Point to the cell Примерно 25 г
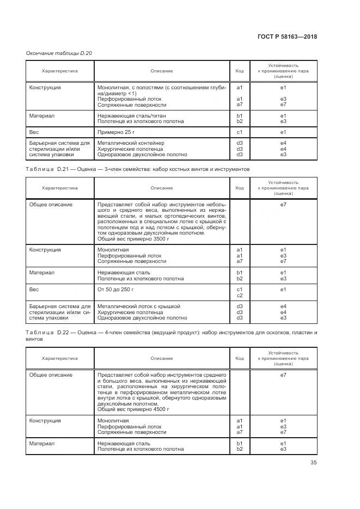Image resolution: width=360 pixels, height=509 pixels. (x=115, y=132)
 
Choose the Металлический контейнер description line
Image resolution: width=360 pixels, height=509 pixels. (x=130, y=143)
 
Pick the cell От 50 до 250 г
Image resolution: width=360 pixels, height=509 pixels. (x=116, y=290)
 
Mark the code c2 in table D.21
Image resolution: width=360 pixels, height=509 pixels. (x=240, y=296)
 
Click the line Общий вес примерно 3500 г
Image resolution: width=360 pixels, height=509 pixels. (x=133, y=239)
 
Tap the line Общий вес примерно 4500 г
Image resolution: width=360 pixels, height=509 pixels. (x=133, y=408)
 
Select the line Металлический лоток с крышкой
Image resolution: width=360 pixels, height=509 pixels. (x=138, y=306)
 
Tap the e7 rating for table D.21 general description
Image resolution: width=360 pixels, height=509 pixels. (x=283, y=205)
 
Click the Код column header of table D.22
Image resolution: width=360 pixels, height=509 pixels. (x=240, y=358)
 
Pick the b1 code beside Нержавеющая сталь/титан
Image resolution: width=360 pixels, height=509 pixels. (x=240, y=116)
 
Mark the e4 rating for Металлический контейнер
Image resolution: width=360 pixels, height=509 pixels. (x=283, y=143)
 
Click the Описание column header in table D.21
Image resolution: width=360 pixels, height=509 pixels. (x=162, y=188)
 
